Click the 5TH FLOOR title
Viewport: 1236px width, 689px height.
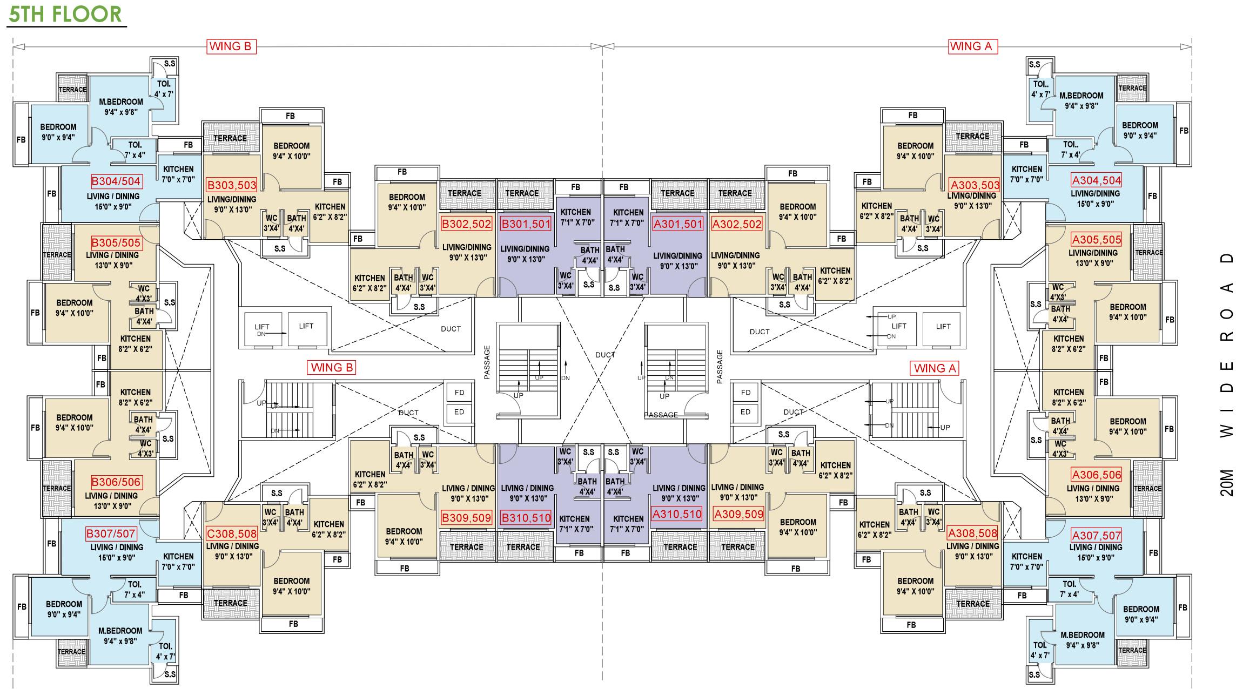[65, 14]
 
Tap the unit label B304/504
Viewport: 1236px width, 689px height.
[116, 181]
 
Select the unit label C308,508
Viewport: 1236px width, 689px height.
[232, 535]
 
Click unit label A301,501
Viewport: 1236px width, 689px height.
[678, 224]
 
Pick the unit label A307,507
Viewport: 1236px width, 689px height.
[1097, 536]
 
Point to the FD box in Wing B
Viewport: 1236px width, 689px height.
[459, 393]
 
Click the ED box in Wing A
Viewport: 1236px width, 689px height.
[745, 412]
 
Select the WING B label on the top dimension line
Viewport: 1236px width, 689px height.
[231, 46]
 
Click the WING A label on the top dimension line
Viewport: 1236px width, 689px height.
[972, 46]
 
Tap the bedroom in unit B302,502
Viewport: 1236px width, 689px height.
[407, 202]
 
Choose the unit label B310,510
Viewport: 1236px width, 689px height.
[526, 518]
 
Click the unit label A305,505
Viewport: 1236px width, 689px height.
[1097, 239]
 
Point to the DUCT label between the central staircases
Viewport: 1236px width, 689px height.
[605, 355]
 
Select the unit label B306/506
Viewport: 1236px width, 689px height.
[116, 482]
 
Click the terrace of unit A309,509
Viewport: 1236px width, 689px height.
[737, 547]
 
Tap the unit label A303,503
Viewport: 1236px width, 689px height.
[975, 185]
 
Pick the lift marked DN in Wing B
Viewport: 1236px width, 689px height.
[262, 329]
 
